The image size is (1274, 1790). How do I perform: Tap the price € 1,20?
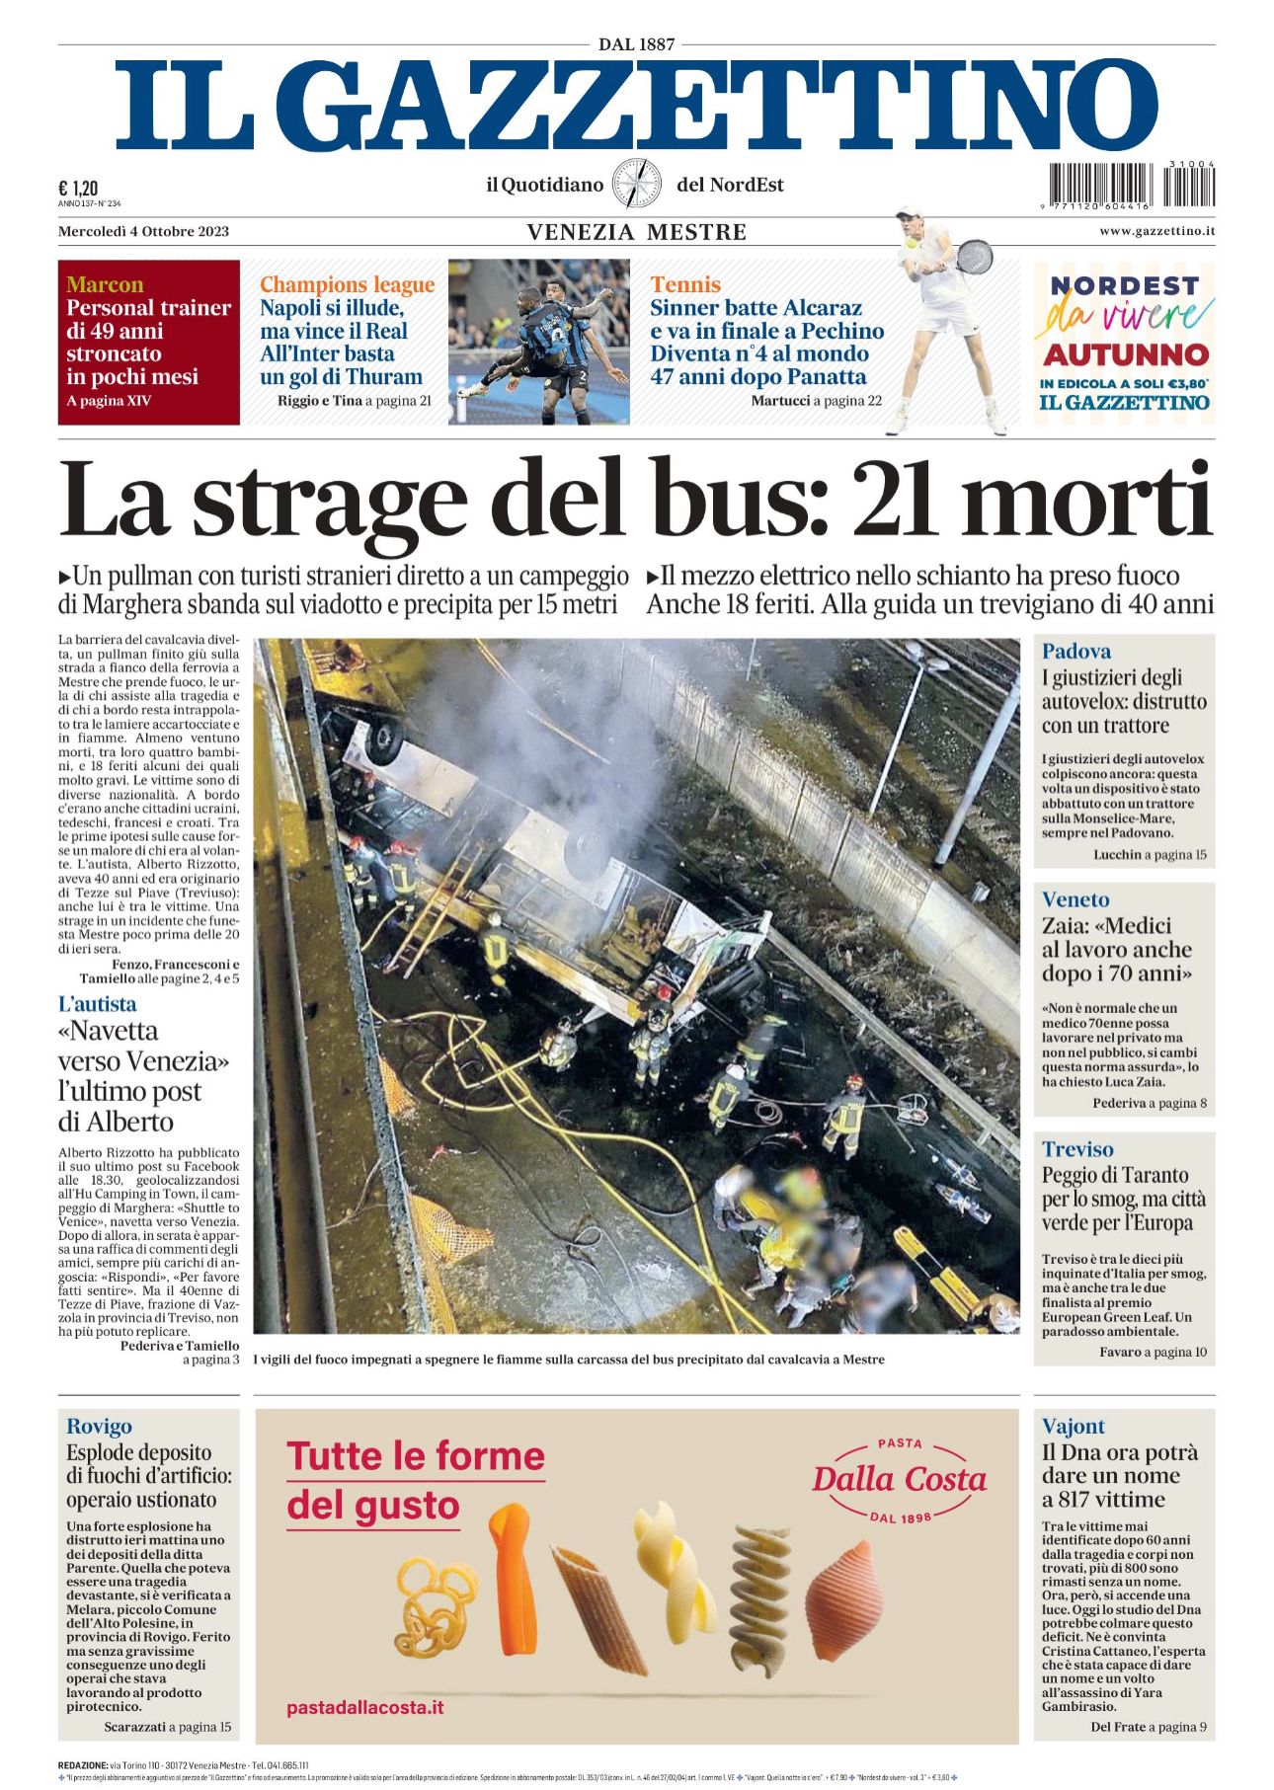78,189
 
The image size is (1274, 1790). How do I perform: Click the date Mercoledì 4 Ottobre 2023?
143,232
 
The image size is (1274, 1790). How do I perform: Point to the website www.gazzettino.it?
1156,231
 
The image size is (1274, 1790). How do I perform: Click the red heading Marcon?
105,285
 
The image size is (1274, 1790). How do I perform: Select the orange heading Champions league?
347,285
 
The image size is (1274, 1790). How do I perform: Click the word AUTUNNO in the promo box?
1125,354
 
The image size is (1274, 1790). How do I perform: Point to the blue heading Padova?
1075,652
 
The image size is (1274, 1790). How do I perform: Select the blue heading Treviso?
1076,1149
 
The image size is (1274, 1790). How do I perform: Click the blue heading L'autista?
97,1004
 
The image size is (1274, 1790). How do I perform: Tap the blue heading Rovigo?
99,1426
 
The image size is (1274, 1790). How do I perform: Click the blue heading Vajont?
1073,1426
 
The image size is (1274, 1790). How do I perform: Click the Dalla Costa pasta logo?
899,1479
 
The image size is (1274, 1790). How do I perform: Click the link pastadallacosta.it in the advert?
364,1707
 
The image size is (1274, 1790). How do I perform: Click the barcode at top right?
1131,185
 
